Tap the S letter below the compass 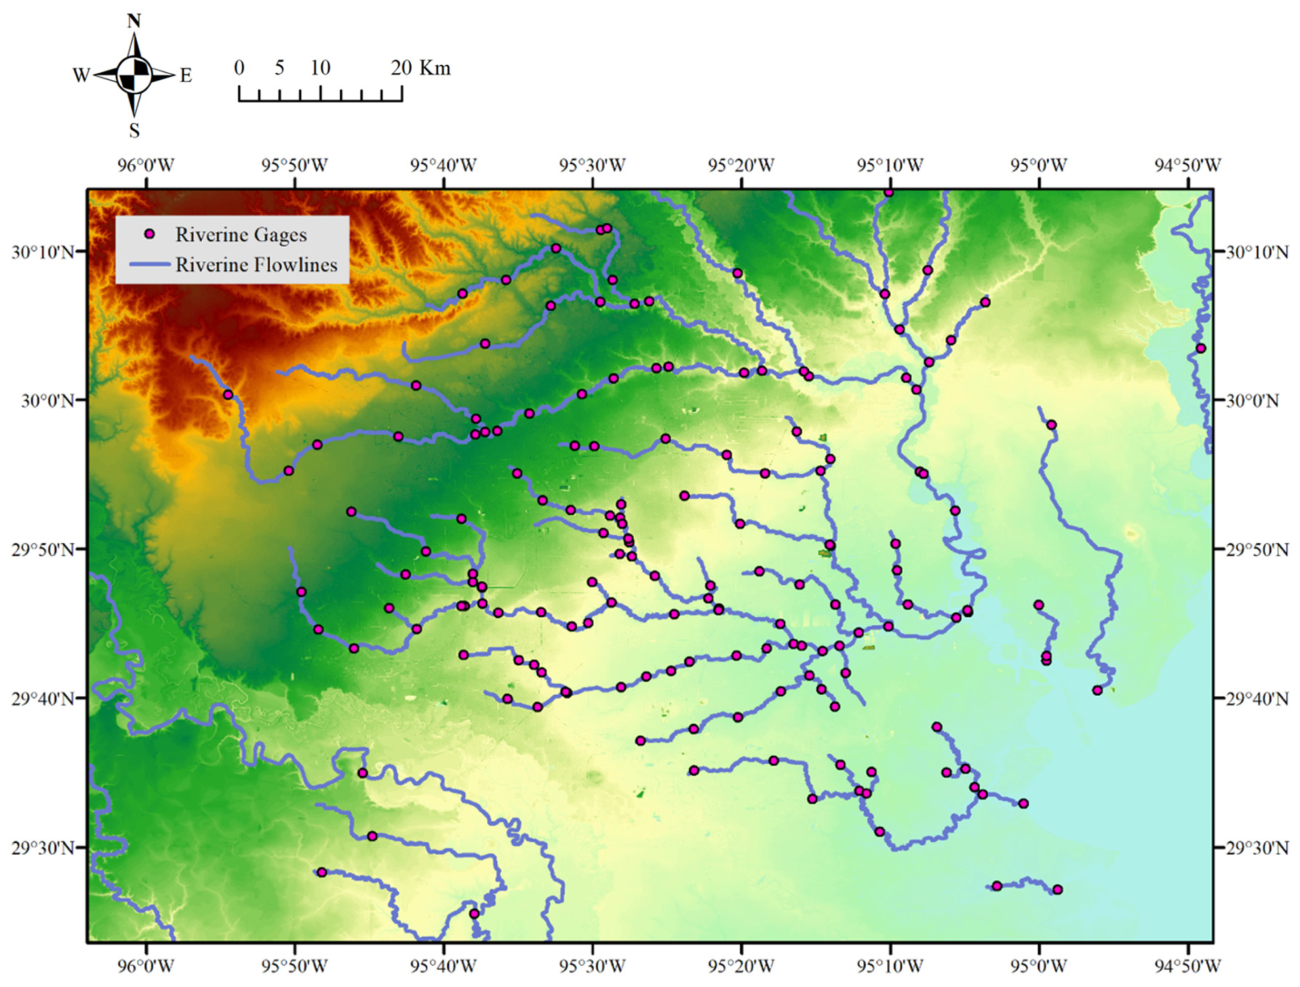coord(135,130)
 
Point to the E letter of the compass coord(186,76)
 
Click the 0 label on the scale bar coord(238,68)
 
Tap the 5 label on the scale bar coord(280,68)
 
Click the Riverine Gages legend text coord(241,235)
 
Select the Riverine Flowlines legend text coord(256,265)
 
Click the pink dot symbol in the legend coord(150,235)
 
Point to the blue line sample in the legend coord(149,265)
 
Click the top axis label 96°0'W coord(147,165)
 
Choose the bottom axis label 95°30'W coord(592,965)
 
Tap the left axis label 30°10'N coord(43,252)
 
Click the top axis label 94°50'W coord(1188,165)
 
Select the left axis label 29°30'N coord(43,848)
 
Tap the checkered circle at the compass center coord(135,75)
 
